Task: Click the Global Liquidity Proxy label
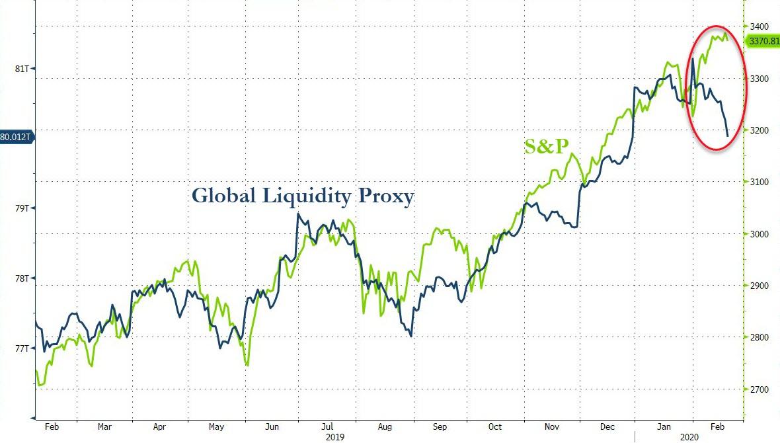(303, 196)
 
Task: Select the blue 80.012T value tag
(16, 138)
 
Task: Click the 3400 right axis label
(758, 26)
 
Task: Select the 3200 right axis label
(758, 130)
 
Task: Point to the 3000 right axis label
(758, 234)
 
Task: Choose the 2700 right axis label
(758, 389)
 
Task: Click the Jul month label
(328, 426)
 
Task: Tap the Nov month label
(553, 426)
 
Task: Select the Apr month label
(159, 426)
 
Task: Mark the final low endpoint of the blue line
(728, 136)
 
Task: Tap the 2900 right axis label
(758, 286)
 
